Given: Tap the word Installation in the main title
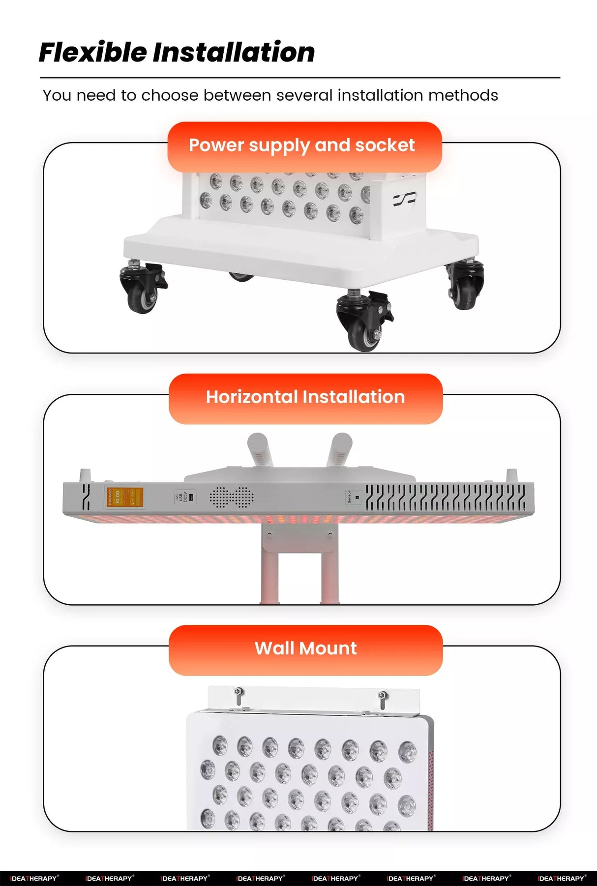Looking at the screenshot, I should coord(234,52).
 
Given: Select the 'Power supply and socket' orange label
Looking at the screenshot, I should coord(304,146).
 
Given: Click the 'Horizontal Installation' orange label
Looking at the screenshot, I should coord(305,398).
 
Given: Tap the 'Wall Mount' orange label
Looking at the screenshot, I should coord(305,649).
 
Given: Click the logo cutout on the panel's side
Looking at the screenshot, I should coord(404,199).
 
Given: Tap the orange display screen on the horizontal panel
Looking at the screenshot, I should coord(124,498).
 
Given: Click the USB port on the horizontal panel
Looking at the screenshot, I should coord(191,497).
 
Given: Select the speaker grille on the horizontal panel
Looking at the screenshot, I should coord(232,498).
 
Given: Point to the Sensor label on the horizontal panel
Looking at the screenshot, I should coord(350,497).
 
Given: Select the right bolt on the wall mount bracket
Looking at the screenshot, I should coord(382,698).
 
